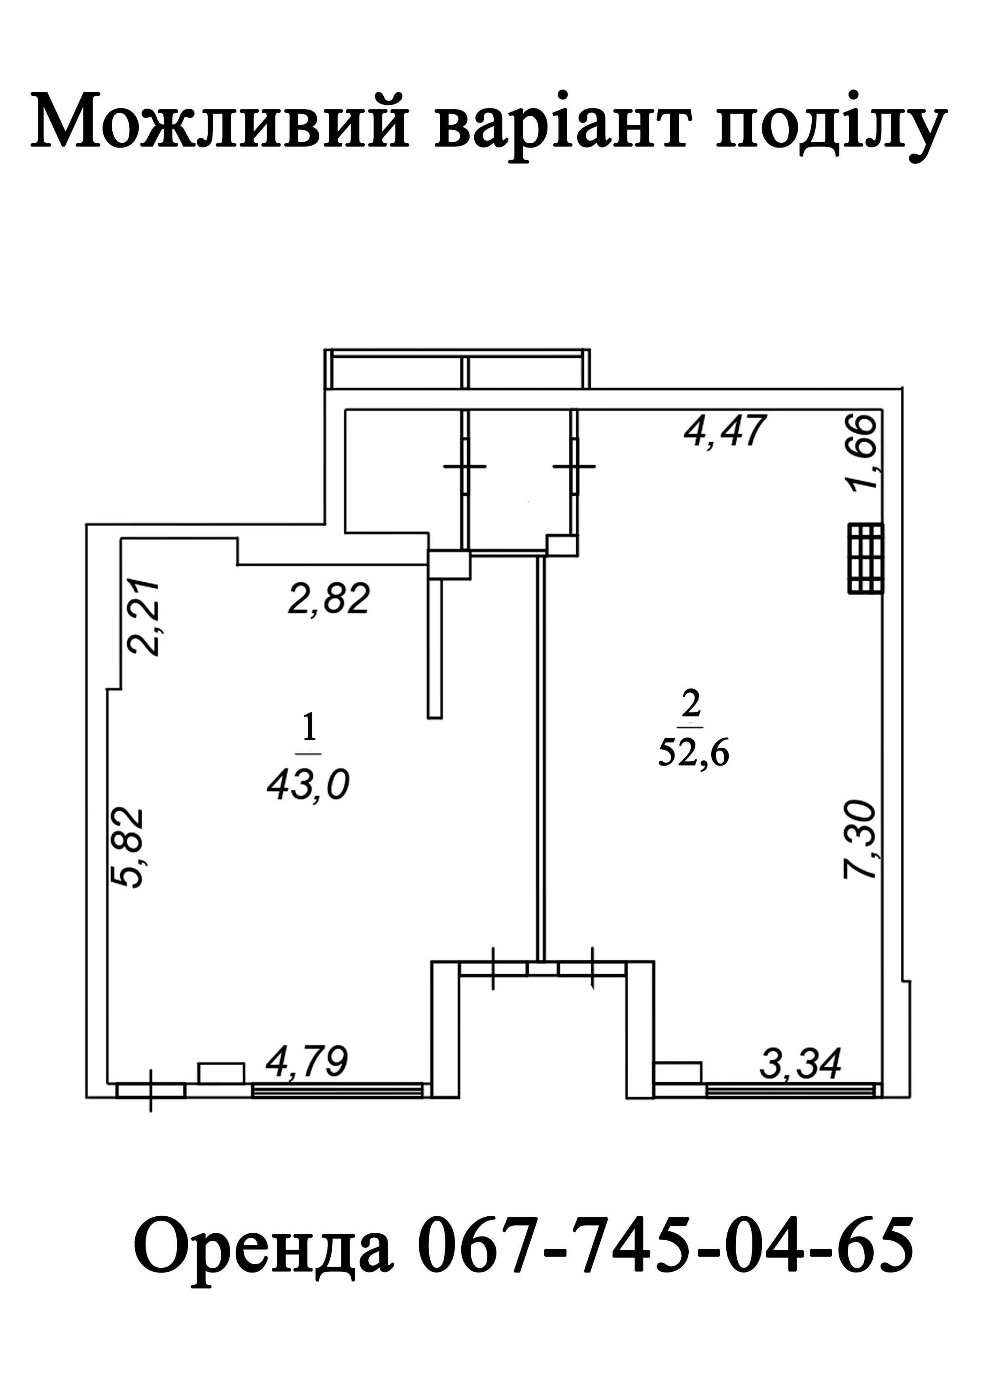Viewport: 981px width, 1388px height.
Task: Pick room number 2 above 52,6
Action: [x=690, y=702]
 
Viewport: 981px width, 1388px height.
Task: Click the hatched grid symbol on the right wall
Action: [x=865, y=558]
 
